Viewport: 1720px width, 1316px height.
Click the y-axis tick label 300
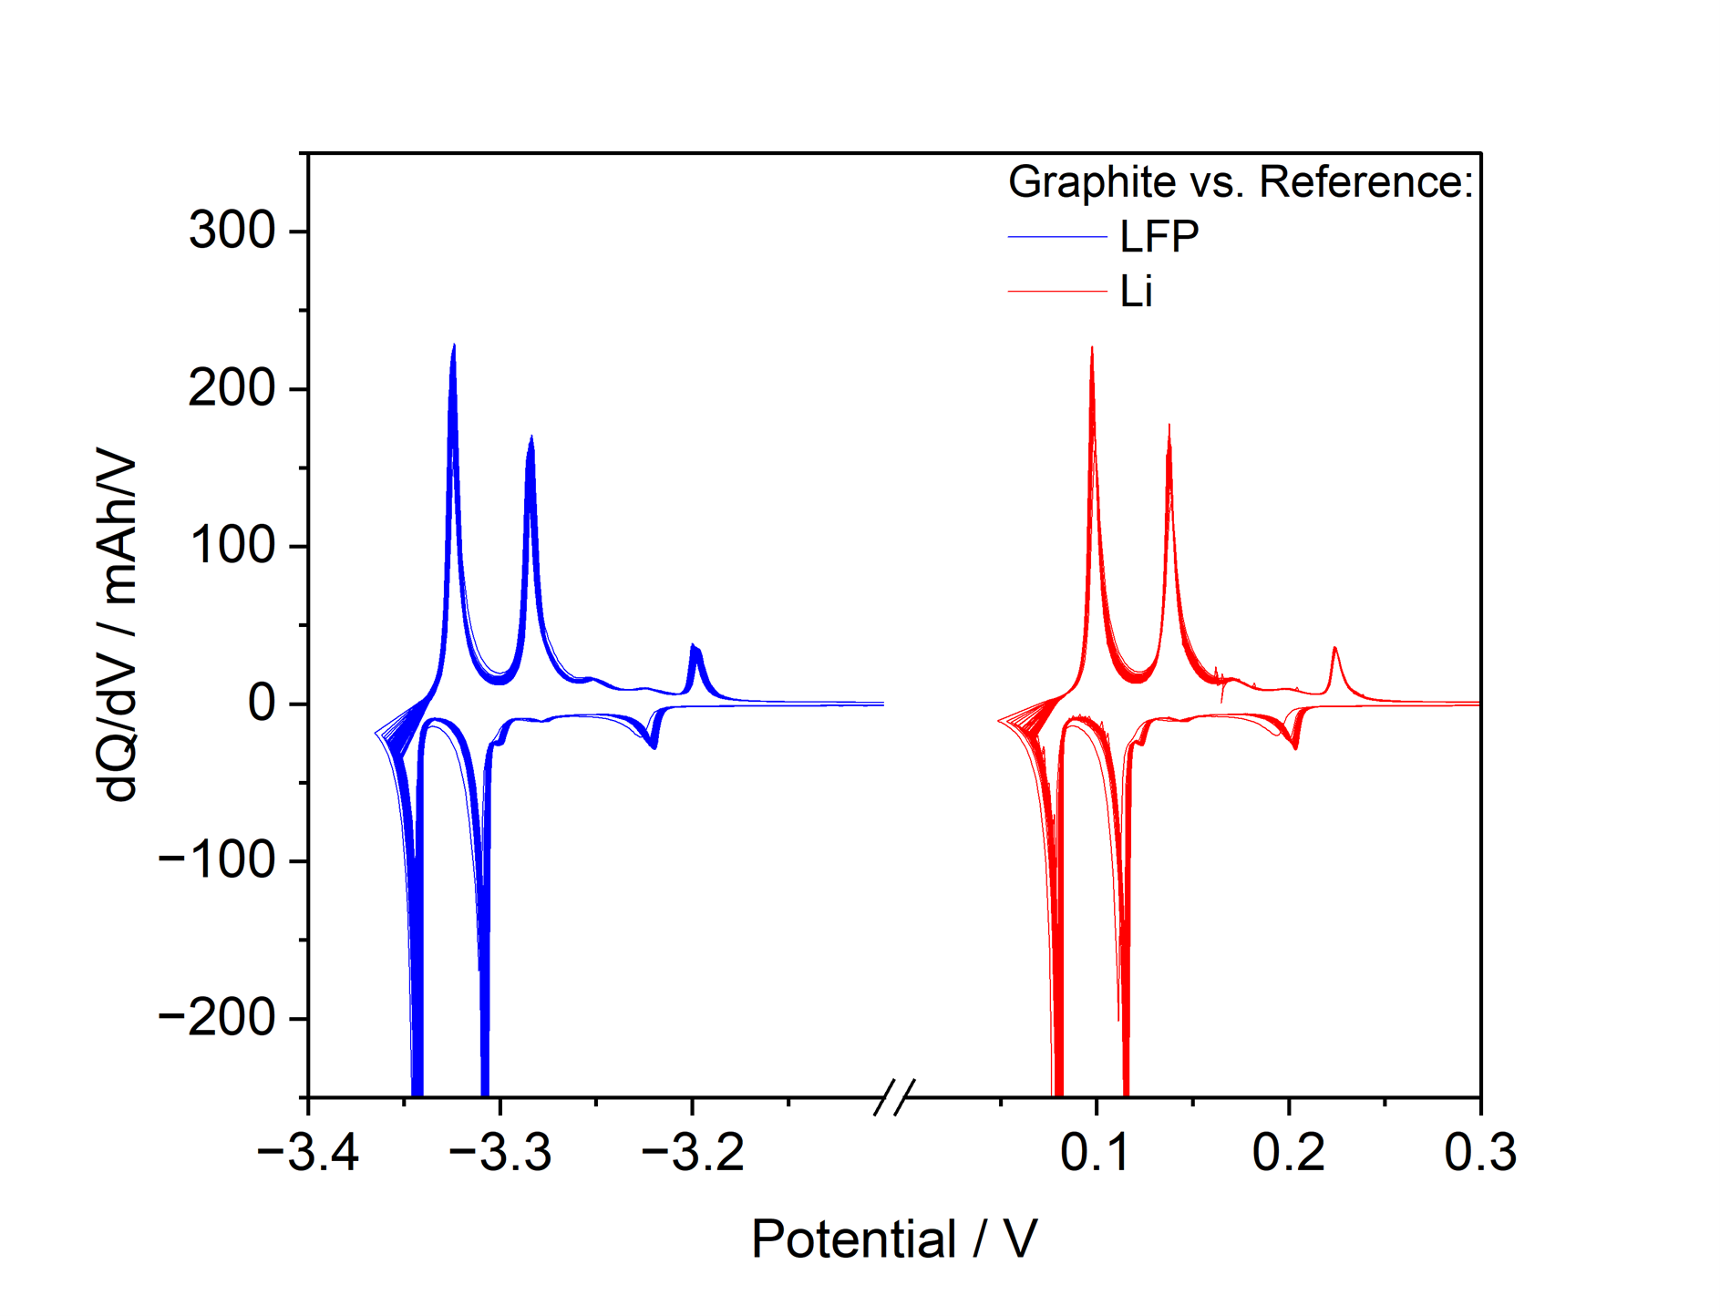click(232, 231)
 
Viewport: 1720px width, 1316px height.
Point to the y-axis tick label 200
click(232, 389)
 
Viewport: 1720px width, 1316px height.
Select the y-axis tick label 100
click(232, 547)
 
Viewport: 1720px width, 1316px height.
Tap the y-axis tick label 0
click(262, 704)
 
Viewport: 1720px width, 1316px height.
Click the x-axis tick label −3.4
click(308, 1153)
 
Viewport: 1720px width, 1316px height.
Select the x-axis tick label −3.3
click(500, 1153)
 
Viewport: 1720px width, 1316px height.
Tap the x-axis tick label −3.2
click(693, 1153)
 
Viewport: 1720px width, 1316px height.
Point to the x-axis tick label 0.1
click(1096, 1153)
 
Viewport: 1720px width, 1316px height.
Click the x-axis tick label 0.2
click(1288, 1153)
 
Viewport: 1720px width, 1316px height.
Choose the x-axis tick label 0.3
click(1480, 1153)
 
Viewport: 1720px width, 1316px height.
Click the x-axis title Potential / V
click(894, 1239)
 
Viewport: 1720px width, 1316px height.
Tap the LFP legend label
click(1159, 237)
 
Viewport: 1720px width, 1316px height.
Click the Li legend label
click(1136, 292)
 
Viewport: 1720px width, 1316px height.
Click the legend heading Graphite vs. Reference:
click(1241, 182)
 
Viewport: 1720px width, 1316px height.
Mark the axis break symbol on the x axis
click(894, 1097)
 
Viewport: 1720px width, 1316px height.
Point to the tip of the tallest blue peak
click(454, 345)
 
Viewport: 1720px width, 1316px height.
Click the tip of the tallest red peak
click(1092, 347)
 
